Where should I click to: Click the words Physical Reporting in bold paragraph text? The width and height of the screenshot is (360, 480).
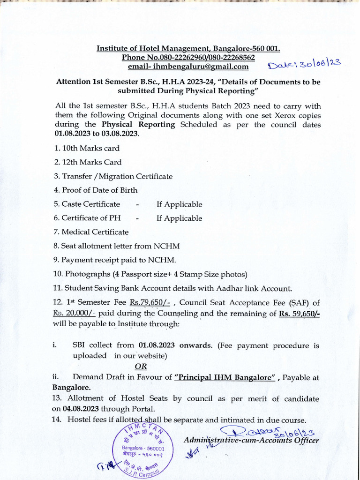(138, 125)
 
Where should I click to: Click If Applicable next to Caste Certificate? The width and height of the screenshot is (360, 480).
(179, 204)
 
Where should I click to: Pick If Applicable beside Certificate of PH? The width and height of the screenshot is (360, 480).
(179, 218)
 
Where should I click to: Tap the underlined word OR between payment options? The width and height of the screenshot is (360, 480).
(141, 367)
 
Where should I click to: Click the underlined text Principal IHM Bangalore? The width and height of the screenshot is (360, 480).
(225, 378)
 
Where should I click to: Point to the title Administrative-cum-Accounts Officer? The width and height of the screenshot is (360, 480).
(251, 441)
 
